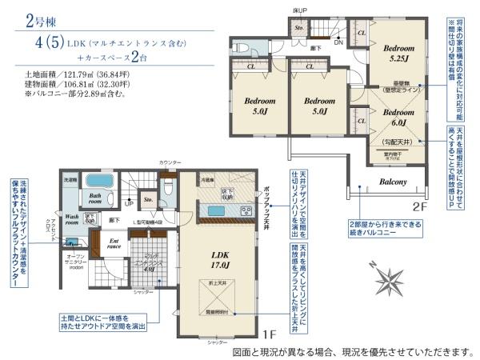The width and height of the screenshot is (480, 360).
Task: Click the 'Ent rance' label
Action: [114, 242]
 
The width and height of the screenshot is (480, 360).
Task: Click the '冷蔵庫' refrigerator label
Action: [206, 180]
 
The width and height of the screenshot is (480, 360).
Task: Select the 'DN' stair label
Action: [338, 43]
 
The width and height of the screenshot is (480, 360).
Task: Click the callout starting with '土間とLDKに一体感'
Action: [102, 322]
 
